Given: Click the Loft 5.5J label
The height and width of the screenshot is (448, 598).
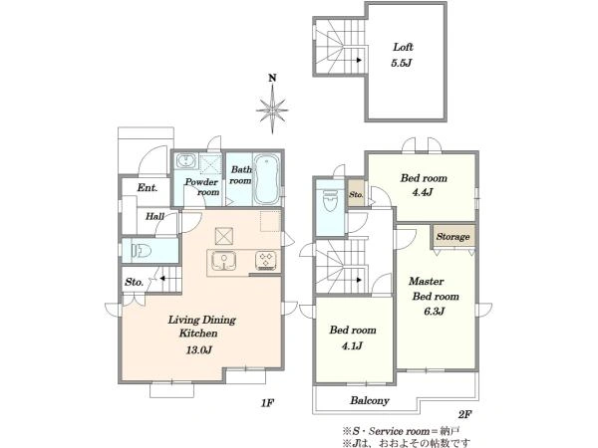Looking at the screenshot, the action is tap(403, 55).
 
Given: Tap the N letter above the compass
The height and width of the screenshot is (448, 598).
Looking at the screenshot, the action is tap(272, 79).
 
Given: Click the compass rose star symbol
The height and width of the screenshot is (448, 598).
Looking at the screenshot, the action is tap(272, 110).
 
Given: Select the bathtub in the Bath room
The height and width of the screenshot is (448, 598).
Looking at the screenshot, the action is tap(266, 179).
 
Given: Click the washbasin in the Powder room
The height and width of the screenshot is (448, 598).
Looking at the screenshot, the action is tap(186, 160).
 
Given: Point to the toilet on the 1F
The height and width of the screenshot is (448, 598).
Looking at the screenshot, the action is tap(142, 251).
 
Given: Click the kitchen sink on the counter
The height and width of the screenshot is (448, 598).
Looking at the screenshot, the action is tap(223, 262).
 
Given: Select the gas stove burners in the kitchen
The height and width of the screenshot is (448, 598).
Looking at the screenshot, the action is tap(266, 261).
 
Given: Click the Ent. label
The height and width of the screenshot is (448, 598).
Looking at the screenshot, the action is tap(148, 188).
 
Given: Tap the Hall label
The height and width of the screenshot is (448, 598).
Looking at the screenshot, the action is tap(154, 217).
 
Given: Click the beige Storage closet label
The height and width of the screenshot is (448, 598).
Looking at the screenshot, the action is tap(453, 237).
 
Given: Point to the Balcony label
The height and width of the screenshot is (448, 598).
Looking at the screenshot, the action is tap(370, 401).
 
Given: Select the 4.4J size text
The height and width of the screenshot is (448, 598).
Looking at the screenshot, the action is tap(423, 192).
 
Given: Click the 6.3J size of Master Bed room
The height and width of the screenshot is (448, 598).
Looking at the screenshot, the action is tap(434, 312).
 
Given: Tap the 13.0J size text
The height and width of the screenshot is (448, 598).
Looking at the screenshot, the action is tap(198, 349).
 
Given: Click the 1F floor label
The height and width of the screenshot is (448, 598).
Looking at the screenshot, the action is tap(267, 403).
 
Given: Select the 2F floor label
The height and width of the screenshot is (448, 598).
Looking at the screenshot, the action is tap(464, 414).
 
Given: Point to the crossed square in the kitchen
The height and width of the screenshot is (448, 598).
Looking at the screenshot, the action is tap(224, 236).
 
